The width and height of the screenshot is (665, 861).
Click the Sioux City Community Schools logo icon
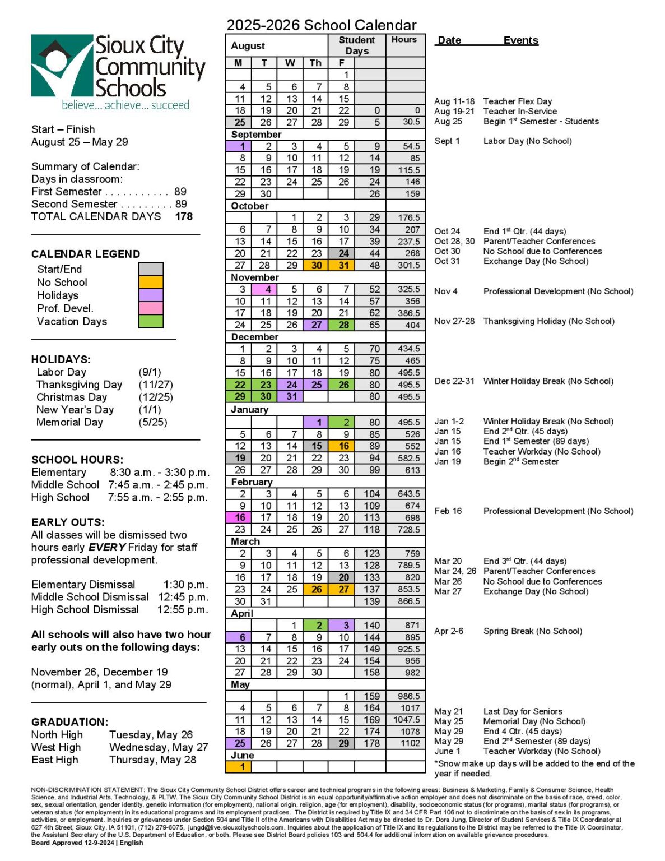[x=62, y=65]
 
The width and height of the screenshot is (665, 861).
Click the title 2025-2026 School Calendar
[x=321, y=25]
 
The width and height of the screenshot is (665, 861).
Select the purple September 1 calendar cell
[x=239, y=146]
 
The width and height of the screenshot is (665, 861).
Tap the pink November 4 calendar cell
[x=265, y=289]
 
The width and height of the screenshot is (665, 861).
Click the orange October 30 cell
[x=316, y=265]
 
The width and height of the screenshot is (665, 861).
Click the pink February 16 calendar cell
[x=239, y=517]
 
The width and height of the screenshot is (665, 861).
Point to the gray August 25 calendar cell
[x=239, y=122]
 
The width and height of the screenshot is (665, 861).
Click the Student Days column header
[x=356, y=45]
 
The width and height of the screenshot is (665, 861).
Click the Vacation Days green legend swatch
[x=151, y=321]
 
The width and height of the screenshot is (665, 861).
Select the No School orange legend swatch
[x=151, y=282]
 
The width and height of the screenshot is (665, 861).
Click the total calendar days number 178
[x=183, y=216]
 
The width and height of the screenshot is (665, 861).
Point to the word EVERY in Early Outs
[x=106, y=547]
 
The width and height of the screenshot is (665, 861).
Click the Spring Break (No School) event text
[x=532, y=631]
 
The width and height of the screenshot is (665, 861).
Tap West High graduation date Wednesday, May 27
[x=159, y=747]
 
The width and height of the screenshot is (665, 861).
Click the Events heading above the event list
[x=520, y=40]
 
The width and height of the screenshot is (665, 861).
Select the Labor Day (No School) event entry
[x=527, y=141]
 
